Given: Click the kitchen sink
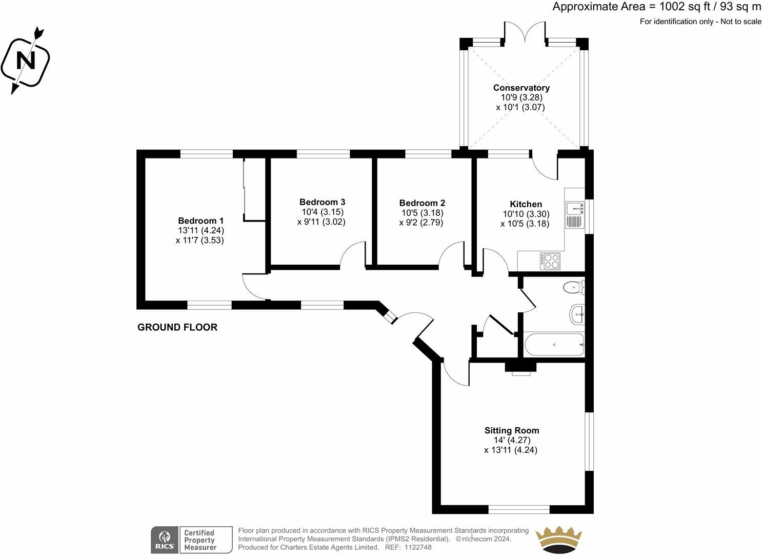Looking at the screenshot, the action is pos(575,214).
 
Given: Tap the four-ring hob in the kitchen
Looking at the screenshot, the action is pos(550,261).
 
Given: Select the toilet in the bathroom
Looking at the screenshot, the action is pos(574,287).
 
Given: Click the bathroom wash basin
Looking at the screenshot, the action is pos(577,314).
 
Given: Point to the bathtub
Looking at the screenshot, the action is pos(554,345).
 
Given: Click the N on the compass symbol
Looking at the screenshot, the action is pos(26,61).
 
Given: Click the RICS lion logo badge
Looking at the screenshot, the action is pos(165,540).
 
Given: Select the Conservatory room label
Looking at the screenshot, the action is pos(521,88).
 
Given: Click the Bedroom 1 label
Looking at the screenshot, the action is pos(200,221).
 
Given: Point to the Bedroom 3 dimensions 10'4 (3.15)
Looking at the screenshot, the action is pos(322,212).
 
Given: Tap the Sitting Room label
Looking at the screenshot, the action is pos(512,430).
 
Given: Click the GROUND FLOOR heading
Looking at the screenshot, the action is pos(177,327).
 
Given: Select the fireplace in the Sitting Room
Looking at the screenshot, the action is pos(520,368).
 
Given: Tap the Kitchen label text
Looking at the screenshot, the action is pos(526,204).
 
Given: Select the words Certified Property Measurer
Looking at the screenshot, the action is pos(200,540).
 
